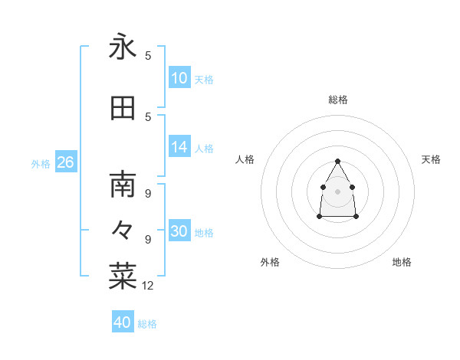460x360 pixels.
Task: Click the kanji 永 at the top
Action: pos(123,47)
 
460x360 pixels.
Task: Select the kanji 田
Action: pos(123,109)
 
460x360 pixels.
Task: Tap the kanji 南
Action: pos(123,185)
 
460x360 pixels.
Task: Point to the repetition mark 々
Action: pos(123,229)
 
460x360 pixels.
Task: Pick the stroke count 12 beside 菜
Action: pos(149,286)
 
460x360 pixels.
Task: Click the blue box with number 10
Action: pos(179,78)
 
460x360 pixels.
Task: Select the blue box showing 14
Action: pos(179,147)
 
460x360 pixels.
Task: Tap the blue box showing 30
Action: pos(179,231)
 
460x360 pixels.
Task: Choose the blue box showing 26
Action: pos(65,162)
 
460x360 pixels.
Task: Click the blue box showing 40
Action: pos(123,322)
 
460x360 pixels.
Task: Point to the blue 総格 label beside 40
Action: pos(147,324)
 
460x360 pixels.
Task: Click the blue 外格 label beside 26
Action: pos(41,164)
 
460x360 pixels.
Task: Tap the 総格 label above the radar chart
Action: pos(338,100)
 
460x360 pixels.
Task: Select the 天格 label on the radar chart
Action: pos(432,159)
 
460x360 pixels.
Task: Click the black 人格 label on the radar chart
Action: pos(245,159)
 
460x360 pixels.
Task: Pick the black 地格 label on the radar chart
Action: pos(402,262)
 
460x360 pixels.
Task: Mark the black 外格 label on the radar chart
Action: pos(270,262)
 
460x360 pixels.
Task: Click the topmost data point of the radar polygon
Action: pos(338,161)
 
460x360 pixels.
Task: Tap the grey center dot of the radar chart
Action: pos(338,191)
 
